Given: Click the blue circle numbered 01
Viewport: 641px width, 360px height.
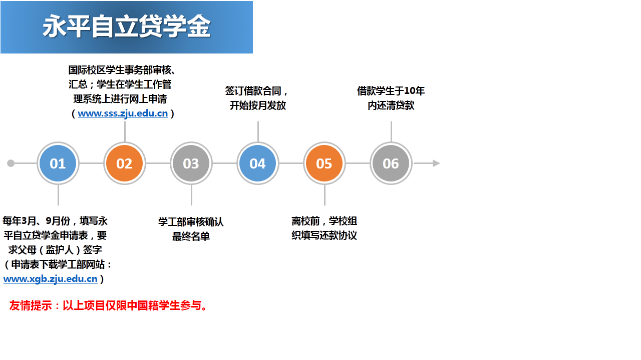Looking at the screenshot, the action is coord(58,163).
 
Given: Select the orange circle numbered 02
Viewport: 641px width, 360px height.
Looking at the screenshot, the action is coord(125,163).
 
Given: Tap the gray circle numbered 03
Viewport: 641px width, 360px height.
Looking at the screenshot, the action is coord(191,163).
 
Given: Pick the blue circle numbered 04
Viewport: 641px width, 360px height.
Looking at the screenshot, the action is coord(258,163).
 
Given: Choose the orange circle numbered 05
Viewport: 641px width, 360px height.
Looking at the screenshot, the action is coord(324,163).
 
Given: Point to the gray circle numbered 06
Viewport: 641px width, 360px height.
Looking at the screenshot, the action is coord(391,163).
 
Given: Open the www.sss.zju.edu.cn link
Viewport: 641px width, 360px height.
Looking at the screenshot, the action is coord(123,113).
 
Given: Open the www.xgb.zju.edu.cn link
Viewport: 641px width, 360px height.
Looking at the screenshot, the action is coord(51,279).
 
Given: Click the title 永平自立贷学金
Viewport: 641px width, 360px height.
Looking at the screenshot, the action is coord(127,26).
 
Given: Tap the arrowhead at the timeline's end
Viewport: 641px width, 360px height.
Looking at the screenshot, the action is coord(436,163).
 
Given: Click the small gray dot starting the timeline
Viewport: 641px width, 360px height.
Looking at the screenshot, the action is coord(11,163).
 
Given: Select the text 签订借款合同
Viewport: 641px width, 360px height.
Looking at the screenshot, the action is coord(253,91).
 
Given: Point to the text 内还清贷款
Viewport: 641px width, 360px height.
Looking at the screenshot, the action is coord(391,105).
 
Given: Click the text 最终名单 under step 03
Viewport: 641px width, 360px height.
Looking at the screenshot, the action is coord(191,236).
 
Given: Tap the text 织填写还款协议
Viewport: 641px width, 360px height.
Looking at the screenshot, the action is coord(324,235).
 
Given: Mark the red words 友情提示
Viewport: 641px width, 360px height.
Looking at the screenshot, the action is coord(31,305).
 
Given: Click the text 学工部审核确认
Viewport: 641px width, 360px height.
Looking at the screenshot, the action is coord(191,221).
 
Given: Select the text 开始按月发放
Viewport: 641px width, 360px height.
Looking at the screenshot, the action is coord(258,105).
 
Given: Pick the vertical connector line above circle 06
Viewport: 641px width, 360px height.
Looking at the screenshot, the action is coord(391,131).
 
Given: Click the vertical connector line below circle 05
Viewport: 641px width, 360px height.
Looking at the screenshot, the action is coord(325,195).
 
